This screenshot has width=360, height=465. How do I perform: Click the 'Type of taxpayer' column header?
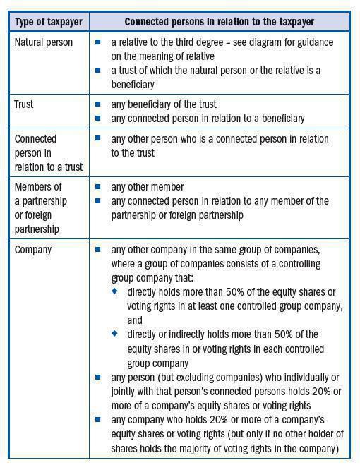[x=47, y=23]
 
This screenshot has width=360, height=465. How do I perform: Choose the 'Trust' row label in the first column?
[x=24, y=104]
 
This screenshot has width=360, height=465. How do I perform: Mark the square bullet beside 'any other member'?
[x=98, y=187]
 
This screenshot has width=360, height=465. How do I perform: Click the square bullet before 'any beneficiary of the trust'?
[x=98, y=104]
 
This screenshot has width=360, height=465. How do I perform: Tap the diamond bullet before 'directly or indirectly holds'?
[x=114, y=334]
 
